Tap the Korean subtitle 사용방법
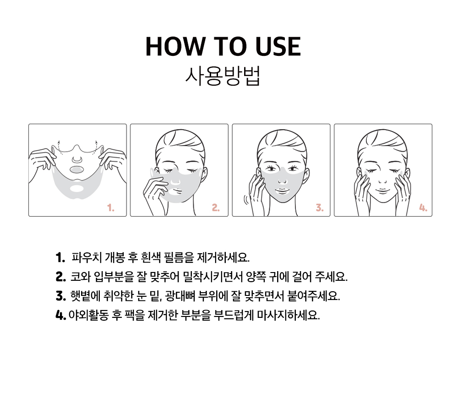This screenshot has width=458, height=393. [x=223, y=76]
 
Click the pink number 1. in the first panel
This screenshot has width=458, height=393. [x=111, y=208]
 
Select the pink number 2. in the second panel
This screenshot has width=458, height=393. [x=216, y=208]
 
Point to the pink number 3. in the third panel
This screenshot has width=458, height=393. [x=320, y=208]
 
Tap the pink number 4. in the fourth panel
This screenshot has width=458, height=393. [x=423, y=208]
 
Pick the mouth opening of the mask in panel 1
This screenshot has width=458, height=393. [x=77, y=169]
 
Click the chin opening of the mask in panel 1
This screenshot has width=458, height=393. [x=76, y=189]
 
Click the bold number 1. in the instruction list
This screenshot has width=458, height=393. [x=60, y=258]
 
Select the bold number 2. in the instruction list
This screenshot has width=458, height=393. [x=61, y=277]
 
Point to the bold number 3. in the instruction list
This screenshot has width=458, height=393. [x=61, y=296]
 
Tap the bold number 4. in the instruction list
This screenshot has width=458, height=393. [x=61, y=315]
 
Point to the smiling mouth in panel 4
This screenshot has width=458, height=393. [x=382, y=191]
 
